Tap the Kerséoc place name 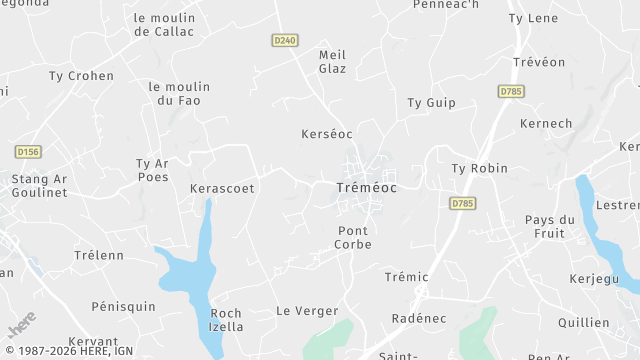(x=327, y=133)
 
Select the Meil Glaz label (x=332, y=61)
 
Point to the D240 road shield (x=285, y=40)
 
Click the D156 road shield (x=29, y=151)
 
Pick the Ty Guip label (x=431, y=102)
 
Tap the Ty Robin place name (x=480, y=168)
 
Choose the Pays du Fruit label (x=550, y=226)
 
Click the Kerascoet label (x=222, y=187)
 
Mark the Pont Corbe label (x=353, y=237)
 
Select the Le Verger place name (x=307, y=311)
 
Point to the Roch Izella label (x=226, y=319)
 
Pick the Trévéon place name (x=540, y=61)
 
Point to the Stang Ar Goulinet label (x=39, y=186)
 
